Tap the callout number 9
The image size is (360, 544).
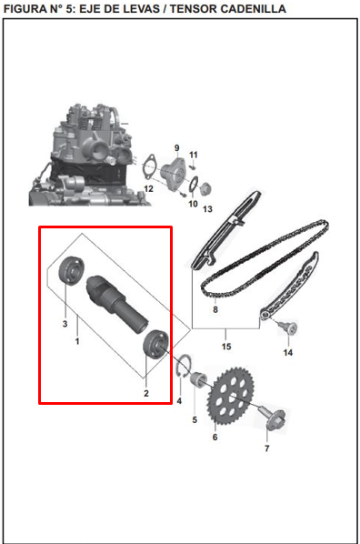click(177, 147)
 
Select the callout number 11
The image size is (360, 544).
click(193, 155)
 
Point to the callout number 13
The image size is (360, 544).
click(207, 209)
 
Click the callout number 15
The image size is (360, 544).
click(226, 347)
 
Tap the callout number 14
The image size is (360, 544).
click(287, 352)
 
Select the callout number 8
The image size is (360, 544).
click(215, 310)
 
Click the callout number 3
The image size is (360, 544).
click(65, 324)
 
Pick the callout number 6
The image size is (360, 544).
click(215, 438)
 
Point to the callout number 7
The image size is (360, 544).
click(266, 449)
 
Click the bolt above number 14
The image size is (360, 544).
click(291, 327)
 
